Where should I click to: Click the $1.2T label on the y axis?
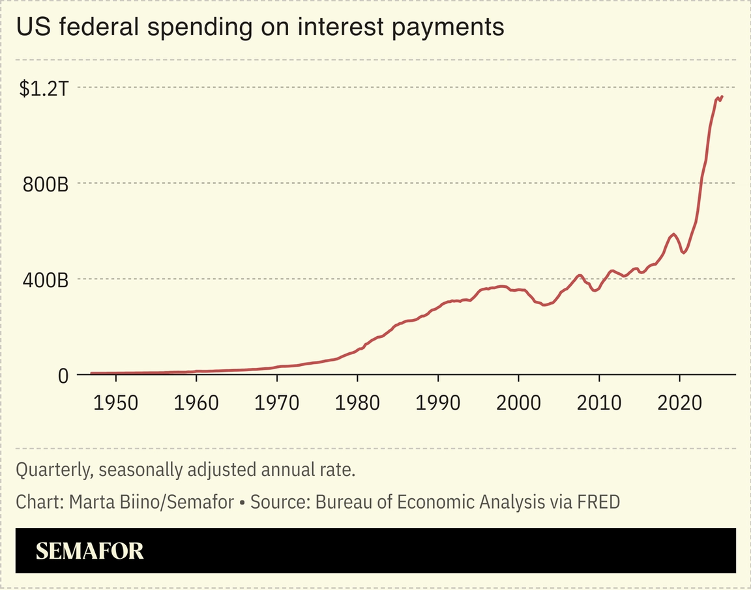44,89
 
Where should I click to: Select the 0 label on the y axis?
63,376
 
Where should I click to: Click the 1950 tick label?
116,403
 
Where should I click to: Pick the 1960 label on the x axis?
196,403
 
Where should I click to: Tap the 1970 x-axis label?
277,403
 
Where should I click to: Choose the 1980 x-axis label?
357,403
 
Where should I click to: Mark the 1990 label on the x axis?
438,403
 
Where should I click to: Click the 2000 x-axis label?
518,403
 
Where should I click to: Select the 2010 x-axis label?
599,403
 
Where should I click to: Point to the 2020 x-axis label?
679,403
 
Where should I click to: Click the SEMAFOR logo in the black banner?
89,551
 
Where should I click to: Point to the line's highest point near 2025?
722,96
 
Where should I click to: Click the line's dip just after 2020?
683,253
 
